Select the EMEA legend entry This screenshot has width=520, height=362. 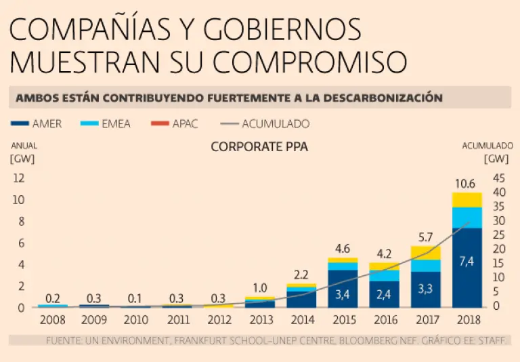tap(105, 123)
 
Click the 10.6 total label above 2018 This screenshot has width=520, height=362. tap(467, 183)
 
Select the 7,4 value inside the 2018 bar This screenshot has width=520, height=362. tap(467, 261)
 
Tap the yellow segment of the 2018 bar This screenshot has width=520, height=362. tap(467, 200)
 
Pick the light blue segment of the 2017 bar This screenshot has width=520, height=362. tap(425, 265)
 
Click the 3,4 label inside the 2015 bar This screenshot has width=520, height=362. tap(343, 294)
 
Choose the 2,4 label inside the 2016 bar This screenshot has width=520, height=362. tap(384, 295)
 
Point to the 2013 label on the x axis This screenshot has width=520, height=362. tap(260, 319)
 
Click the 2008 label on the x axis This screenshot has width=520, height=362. tap(53, 319)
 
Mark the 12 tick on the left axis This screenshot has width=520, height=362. tap(19, 178)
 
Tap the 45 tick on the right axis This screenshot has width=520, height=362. tap(499, 178)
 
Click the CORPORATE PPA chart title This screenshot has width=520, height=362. tap(259, 146)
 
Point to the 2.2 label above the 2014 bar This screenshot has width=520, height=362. tap(301, 275)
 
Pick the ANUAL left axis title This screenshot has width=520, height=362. tap(23, 145)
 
